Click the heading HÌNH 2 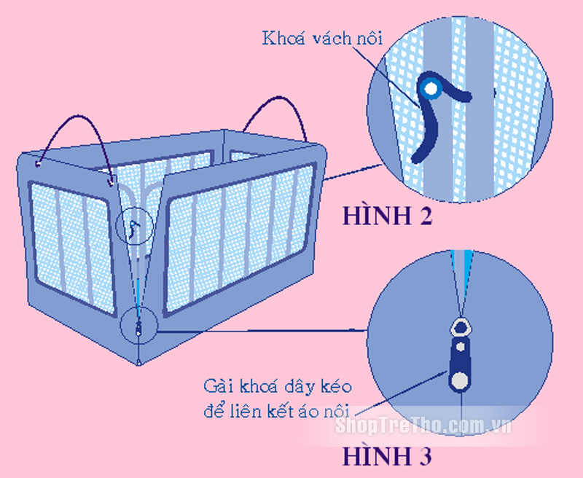coord(388,216)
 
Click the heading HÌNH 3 coord(388,456)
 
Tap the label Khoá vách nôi coord(322,39)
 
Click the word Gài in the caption coord(217,387)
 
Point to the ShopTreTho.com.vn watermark coord(423,426)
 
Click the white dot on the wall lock coord(431,89)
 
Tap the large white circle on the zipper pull coord(460,380)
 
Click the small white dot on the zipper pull coord(461,347)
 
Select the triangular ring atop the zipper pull coord(461,327)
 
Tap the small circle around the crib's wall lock coord(135,226)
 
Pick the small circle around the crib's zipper coord(138,326)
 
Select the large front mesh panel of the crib coord(240,237)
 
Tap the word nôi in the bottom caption coord(336,412)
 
